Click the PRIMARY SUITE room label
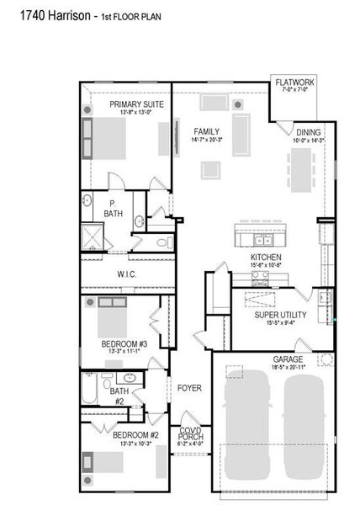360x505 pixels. (x=136, y=104)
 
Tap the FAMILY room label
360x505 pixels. (x=206, y=132)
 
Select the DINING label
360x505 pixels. (x=308, y=132)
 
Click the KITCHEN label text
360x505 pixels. (x=266, y=257)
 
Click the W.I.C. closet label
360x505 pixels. (x=128, y=274)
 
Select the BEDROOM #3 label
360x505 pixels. (x=124, y=344)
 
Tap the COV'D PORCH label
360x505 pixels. (x=191, y=434)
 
